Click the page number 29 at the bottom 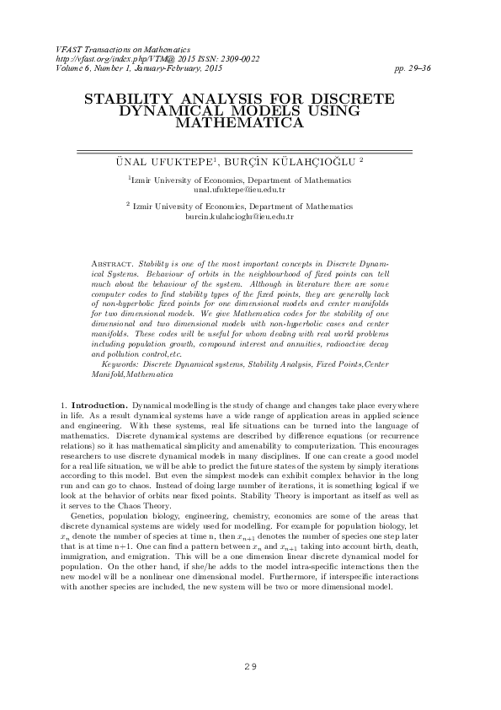(x=249, y=667)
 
